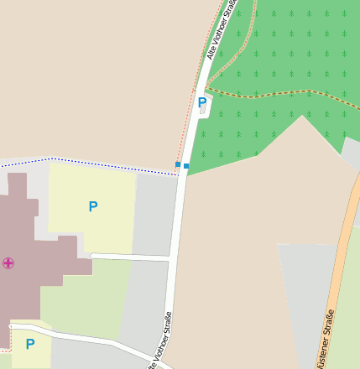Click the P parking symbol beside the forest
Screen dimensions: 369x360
(201, 102)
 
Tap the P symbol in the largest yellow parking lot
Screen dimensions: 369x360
(92, 206)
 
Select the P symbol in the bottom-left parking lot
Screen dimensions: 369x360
(30, 344)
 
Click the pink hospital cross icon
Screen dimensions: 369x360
(8, 263)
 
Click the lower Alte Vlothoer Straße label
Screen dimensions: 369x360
(160, 340)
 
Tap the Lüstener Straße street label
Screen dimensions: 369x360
(325, 338)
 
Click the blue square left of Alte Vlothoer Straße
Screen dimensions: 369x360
(178, 164)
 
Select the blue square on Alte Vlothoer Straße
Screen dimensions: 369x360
(186, 166)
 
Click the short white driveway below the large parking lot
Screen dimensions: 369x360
(130, 257)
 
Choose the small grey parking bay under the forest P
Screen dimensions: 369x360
(203, 111)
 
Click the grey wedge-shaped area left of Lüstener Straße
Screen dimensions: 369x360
(306, 294)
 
